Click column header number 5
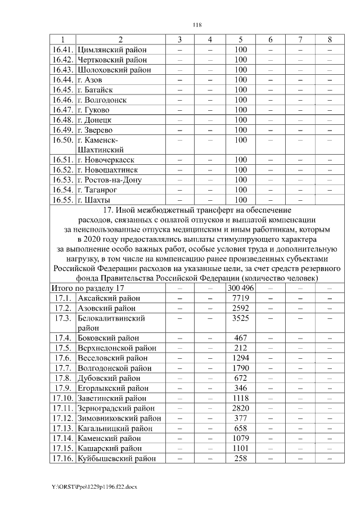point(241,39)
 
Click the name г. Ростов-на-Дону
point(109,180)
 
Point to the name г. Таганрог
point(101,190)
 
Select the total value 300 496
point(241,288)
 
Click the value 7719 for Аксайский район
point(241,298)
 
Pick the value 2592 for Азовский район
point(241,308)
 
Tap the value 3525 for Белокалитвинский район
point(241,318)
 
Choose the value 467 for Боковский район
point(241,338)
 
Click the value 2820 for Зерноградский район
point(241,408)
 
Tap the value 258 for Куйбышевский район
point(241,458)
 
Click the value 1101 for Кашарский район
point(241,448)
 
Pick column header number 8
point(330,39)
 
